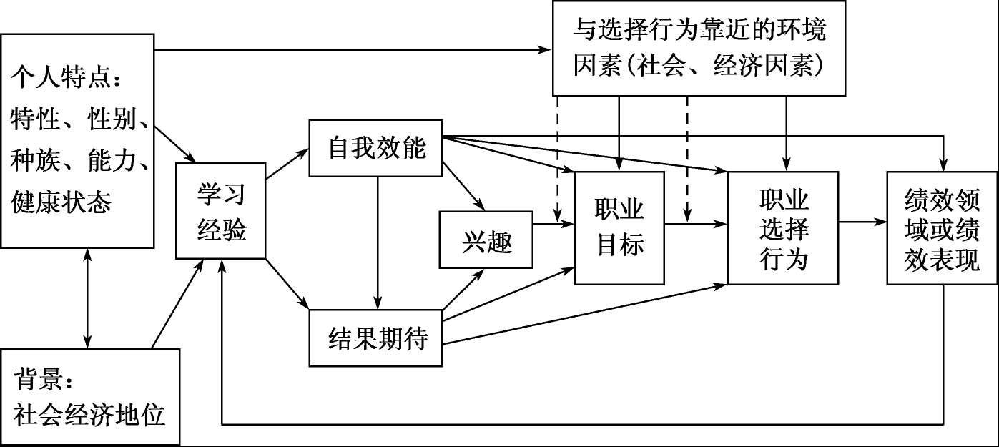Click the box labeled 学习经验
(221, 210)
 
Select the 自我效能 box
(375, 148)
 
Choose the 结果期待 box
(375, 338)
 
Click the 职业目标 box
(619, 227)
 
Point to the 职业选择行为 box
(783, 227)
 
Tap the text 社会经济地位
(89, 414)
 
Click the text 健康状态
(61, 202)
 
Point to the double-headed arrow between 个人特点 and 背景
(87, 298)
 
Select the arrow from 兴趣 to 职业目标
(554, 225)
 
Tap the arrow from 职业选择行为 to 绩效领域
(862, 222)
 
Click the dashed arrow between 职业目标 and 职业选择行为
(687, 161)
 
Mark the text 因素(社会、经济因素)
(700, 66)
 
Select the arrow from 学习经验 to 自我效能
(286, 164)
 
